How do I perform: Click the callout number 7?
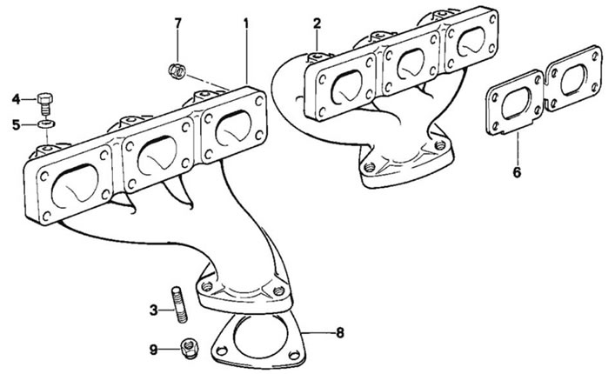click(x=178, y=23)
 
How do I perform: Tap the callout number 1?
click(x=246, y=23)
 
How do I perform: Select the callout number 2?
click(x=317, y=23)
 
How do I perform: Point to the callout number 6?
click(x=517, y=171)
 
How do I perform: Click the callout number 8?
click(x=340, y=333)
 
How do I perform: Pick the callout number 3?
click(x=153, y=311)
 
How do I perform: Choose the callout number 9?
click(x=153, y=350)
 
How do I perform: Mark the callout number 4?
click(x=16, y=99)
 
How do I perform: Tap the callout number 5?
click(x=16, y=125)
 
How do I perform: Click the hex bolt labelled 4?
click(x=45, y=104)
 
